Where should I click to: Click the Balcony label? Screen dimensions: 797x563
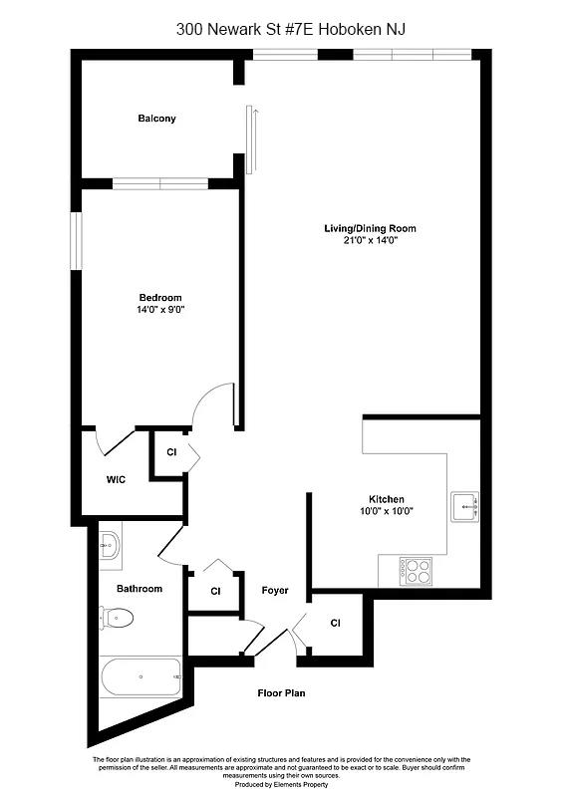[x=156, y=119]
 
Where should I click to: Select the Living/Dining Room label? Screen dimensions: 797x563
[x=370, y=229]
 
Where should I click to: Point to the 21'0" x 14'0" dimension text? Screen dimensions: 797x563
[x=370, y=241]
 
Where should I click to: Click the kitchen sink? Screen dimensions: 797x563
[x=464, y=506]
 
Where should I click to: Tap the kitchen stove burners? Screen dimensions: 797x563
[x=417, y=570]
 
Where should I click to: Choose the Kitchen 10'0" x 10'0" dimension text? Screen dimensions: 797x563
[x=385, y=511]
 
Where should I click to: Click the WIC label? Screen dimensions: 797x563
[x=116, y=479]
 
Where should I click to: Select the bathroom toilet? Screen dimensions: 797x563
[x=116, y=619]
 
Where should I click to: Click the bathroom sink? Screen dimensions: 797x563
[x=110, y=544]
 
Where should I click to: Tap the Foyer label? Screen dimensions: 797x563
[x=275, y=591]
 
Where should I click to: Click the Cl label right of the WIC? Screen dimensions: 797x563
[x=171, y=452]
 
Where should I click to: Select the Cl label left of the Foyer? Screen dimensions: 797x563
[x=215, y=591]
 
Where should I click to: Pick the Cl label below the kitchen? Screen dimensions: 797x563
[x=335, y=624]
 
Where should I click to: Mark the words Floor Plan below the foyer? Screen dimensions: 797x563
[x=281, y=692]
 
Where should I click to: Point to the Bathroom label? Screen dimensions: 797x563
[x=140, y=589]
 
